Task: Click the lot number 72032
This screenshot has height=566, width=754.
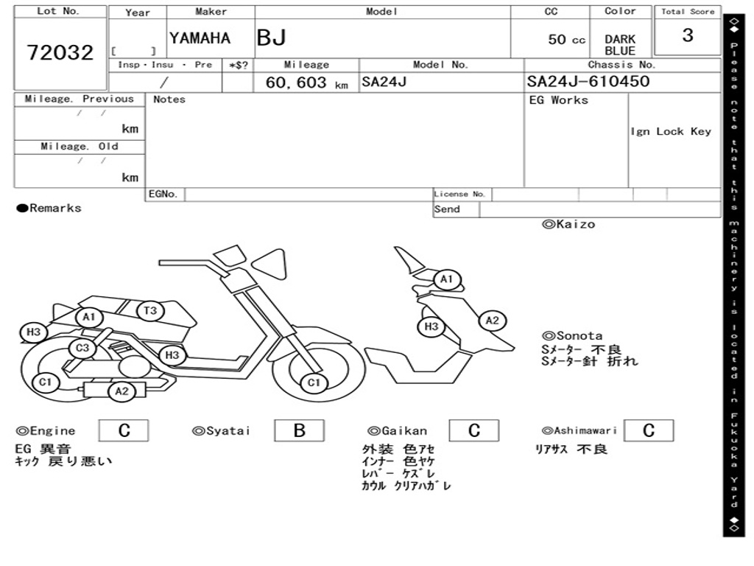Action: [x=60, y=52]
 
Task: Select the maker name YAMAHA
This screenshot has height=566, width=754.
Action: [x=200, y=38]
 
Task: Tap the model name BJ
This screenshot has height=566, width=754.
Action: [x=271, y=38]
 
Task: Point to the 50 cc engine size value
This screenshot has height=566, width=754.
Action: [x=566, y=40]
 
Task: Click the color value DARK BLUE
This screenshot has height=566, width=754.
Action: [x=620, y=45]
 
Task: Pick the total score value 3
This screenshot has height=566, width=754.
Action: [x=687, y=35]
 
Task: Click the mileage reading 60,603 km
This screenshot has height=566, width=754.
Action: [x=306, y=83]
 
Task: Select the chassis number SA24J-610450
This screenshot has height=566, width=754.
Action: [x=588, y=81]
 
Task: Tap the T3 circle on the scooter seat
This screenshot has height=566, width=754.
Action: [x=150, y=311]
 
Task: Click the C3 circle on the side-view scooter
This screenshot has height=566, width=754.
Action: [x=82, y=348]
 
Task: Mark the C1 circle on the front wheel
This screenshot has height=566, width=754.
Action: [x=314, y=382]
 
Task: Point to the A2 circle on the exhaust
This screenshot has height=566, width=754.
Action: [x=121, y=391]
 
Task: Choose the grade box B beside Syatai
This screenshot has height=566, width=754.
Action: [x=299, y=430]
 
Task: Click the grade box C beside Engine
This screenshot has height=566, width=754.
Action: [x=124, y=430]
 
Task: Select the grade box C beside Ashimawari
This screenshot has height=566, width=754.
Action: [x=648, y=430]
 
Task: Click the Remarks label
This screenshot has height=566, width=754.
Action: [x=49, y=209]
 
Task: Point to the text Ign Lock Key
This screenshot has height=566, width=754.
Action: [x=671, y=131]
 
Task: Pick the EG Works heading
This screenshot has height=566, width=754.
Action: [x=559, y=100]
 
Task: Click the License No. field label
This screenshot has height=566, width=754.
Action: [x=460, y=195]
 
